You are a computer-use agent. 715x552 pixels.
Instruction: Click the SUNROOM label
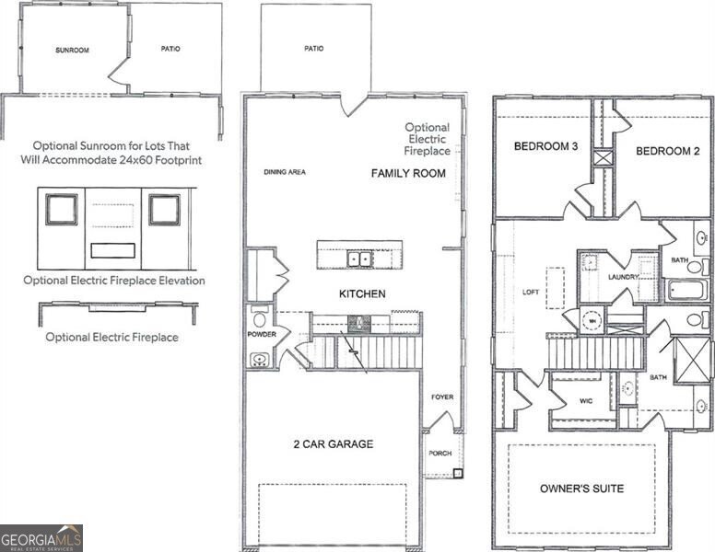pyautogui.click(x=72, y=50)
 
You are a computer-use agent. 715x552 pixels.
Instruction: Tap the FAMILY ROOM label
pyautogui.click(x=408, y=173)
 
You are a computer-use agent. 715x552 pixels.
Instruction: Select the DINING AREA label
pyautogui.click(x=285, y=172)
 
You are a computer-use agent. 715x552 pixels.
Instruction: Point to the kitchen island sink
pyautogui.click(x=359, y=259)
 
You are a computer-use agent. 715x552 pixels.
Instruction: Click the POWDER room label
pyautogui.click(x=262, y=335)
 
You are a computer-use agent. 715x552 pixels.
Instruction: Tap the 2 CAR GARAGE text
pyautogui.click(x=333, y=444)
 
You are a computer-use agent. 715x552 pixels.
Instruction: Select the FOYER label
pyautogui.click(x=442, y=397)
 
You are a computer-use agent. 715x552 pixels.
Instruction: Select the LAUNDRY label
pyautogui.click(x=624, y=275)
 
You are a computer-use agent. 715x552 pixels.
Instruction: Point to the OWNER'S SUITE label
pyautogui.click(x=581, y=488)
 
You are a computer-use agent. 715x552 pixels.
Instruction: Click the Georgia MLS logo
pyautogui.click(x=41, y=537)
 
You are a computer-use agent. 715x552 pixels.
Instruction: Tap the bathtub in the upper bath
pyautogui.click(x=687, y=291)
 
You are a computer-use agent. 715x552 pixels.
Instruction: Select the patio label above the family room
pyautogui.click(x=313, y=48)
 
